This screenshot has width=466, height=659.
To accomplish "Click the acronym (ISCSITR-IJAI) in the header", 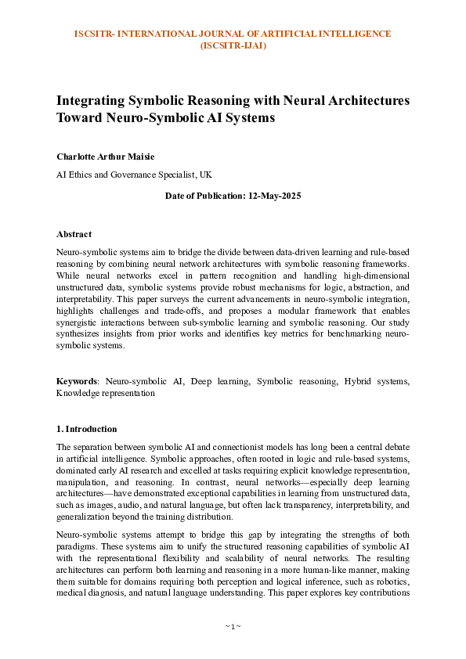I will [x=233, y=45].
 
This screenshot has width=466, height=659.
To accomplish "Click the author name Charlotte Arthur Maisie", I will [x=106, y=157].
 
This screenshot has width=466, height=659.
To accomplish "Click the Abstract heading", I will [x=74, y=234].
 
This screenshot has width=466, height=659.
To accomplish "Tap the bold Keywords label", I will [x=76, y=381].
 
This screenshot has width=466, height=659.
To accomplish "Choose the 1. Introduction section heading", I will [x=87, y=429].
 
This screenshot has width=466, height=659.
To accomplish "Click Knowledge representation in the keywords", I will [x=105, y=393].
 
